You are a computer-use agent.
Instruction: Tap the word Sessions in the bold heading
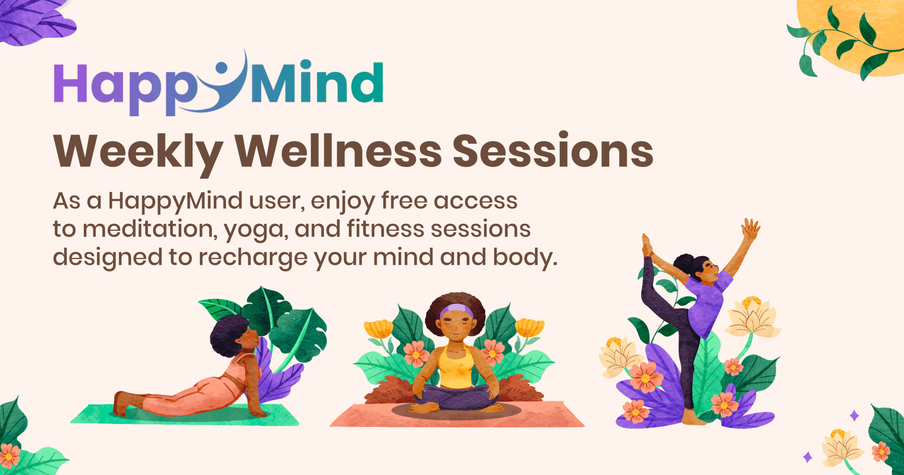(553, 150)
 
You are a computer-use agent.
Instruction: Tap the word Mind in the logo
(317, 82)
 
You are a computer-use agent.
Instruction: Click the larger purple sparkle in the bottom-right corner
(854, 416)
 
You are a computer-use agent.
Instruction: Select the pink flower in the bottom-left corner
(10, 456)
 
